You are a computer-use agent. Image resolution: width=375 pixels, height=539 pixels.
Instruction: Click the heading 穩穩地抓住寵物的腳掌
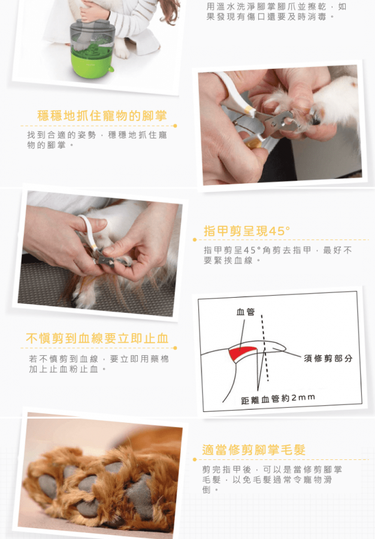(x=102, y=116)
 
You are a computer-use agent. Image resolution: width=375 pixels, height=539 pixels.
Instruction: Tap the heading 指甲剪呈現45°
(x=247, y=231)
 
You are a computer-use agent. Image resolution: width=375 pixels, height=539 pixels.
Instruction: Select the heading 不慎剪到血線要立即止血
(x=97, y=338)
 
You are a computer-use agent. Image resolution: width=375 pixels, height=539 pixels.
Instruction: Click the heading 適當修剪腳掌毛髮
(x=253, y=450)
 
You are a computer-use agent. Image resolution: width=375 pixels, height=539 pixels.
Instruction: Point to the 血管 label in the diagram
(x=246, y=312)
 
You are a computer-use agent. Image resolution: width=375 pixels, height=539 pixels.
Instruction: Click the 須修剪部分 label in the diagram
(x=328, y=359)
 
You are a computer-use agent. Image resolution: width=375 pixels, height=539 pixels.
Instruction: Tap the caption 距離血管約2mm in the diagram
(x=278, y=399)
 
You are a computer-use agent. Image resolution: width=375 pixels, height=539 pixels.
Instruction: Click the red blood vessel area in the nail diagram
(x=241, y=354)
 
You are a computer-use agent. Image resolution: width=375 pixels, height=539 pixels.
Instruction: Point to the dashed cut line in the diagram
(x=265, y=348)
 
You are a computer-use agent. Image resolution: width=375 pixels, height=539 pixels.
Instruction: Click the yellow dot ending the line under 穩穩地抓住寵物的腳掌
(x=175, y=126)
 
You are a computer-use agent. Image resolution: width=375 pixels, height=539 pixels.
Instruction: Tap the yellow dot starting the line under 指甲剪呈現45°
(x=195, y=240)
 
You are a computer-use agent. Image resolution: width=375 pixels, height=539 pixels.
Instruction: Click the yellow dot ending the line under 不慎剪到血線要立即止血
(x=175, y=348)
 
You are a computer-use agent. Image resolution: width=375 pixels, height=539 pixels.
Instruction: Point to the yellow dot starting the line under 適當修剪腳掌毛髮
(x=195, y=459)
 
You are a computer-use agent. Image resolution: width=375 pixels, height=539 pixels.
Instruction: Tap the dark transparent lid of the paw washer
(x=92, y=34)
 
